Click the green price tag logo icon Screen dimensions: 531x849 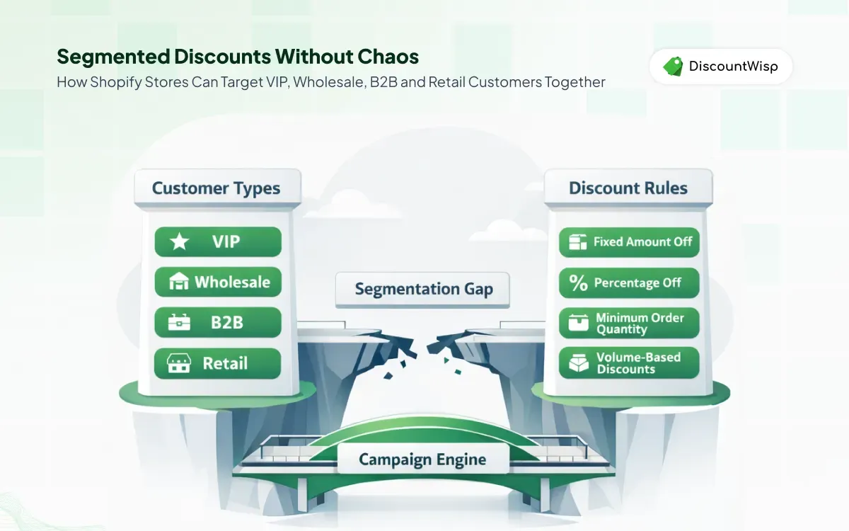pos(672,67)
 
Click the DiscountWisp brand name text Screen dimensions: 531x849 pos(733,67)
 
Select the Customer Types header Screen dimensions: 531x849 pos(216,188)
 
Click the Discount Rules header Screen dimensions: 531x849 pos(628,188)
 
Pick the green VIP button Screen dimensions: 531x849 pos(218,242)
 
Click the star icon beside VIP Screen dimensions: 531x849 pos(180,242)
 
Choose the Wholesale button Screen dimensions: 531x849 pos(218,282)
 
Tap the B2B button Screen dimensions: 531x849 pos(218,323)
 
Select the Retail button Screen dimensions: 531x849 pos(218,364)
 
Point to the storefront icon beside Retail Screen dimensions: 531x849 pos(178,364)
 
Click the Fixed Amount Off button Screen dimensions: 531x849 pos(628,242)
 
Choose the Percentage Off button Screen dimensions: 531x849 pos(628,283)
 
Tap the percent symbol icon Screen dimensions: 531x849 pos(578,283)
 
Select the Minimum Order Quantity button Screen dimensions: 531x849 pos(628,324)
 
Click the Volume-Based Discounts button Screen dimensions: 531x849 pos(628,363)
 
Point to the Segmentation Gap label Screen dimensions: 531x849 pos(423,289)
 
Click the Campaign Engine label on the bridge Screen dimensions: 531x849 pos(422,459)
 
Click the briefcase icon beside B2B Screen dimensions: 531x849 pos(179,323)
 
